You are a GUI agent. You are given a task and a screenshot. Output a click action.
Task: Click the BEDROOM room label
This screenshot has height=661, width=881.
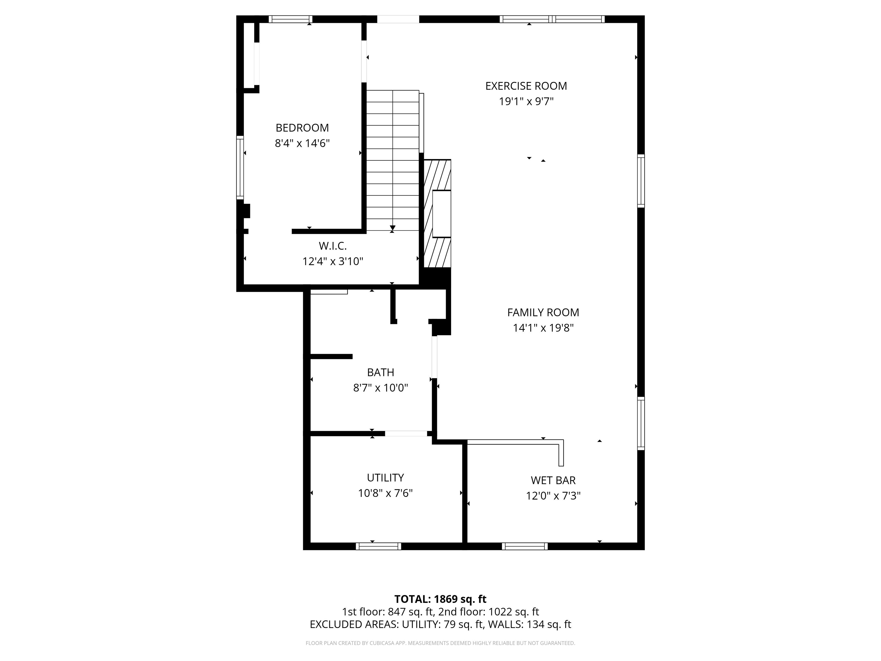point(302,128)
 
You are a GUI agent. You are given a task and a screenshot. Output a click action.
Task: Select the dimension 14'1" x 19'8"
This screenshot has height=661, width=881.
point(543,328)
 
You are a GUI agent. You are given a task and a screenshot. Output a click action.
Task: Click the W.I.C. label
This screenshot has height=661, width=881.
point(333,246)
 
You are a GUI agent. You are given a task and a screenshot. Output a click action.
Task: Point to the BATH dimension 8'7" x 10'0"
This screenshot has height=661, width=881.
point(380,388)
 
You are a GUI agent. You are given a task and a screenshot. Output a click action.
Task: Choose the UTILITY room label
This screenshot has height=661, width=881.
point(385,477)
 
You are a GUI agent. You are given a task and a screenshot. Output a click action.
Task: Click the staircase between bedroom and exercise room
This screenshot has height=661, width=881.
point(392,160)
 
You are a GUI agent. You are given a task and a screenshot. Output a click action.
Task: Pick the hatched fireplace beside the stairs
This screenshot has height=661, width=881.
point(437,213)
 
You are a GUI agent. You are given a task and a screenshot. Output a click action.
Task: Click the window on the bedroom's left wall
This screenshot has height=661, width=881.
point(240,167)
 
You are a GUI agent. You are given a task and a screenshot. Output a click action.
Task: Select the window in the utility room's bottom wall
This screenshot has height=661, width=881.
point(378,546)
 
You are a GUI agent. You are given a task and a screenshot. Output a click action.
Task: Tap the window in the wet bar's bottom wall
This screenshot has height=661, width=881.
point(525,546)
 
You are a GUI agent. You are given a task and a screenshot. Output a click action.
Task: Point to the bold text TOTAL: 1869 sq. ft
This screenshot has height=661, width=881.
point(440,599)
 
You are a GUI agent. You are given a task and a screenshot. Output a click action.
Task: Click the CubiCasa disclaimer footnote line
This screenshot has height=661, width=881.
point(440,643)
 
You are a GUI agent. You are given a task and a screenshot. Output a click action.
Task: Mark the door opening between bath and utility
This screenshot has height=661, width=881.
point(406,433)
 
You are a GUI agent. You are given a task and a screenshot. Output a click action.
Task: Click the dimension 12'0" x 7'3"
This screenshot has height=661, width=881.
point(553,496)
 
